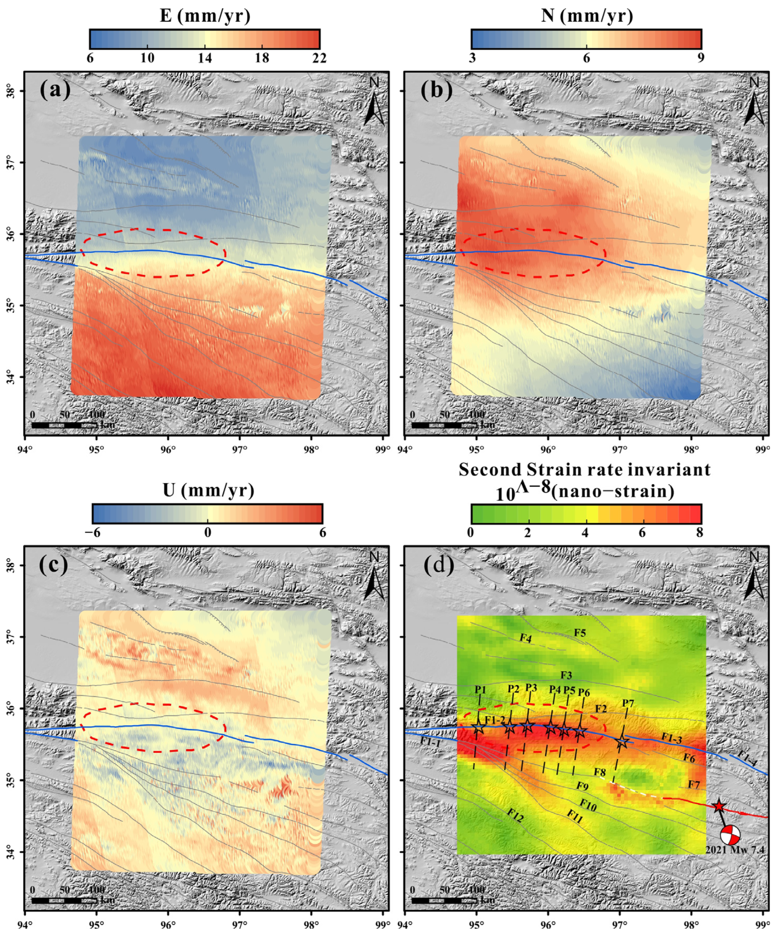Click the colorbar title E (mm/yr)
tap(205, 16)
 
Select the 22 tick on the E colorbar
tap(319, 58)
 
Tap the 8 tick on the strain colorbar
tap(699, 533)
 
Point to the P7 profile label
tap(628, 703)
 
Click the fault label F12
tap(515, 816)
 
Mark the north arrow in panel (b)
tap(754, 103)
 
